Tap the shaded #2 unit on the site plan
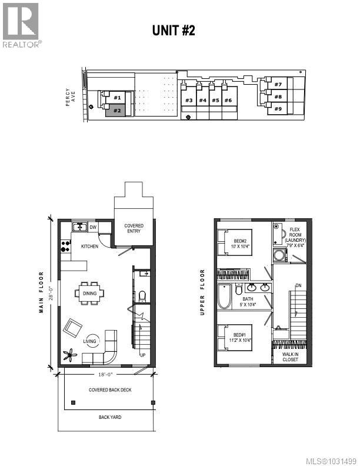(116, 110)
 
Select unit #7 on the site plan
(278, 85)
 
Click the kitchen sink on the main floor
(79, 227)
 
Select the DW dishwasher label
(93, 227)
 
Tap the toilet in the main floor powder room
(141, 294)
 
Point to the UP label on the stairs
(142, 355)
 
